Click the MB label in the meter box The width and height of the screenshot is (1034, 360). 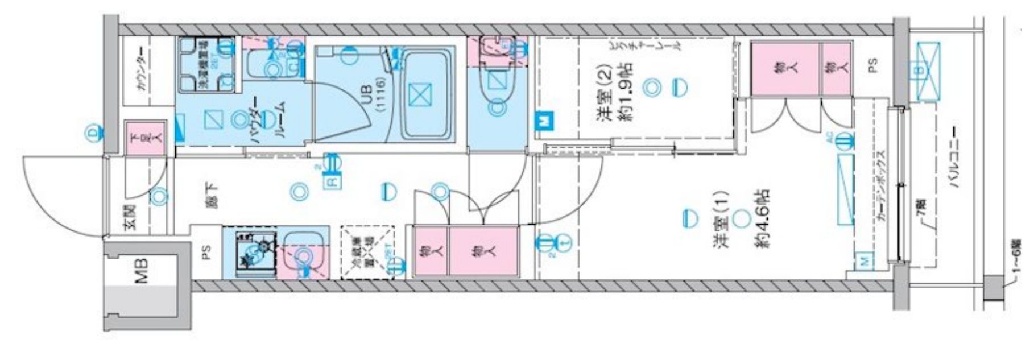click(140, 271)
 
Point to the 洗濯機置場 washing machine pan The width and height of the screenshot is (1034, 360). click(205, 65)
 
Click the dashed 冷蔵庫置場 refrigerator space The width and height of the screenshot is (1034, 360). click(367, 253)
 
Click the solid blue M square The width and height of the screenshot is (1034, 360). click(543, 121)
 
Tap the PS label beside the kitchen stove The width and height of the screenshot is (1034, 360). click(206, 251)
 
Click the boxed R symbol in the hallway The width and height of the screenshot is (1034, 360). click(331, 182)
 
